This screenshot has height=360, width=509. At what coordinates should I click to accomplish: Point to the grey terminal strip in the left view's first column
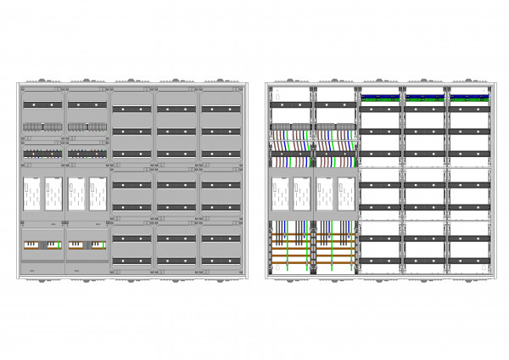pos(42,127)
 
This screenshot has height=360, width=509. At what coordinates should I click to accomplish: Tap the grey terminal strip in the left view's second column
pos(87,127)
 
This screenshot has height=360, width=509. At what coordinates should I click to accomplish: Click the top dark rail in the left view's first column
pos(42,104)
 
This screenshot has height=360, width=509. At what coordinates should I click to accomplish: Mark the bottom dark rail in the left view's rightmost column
pos(221,261)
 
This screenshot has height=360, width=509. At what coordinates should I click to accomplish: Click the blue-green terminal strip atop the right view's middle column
pos(381,97)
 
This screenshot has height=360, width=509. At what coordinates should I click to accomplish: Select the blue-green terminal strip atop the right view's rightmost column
pos(471,97)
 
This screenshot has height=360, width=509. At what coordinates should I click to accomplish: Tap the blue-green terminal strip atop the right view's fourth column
pos(426,97)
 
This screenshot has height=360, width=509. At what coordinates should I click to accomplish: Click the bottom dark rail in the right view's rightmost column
pos(471,261)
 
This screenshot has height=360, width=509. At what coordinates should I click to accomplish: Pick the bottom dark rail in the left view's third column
pos(131,261)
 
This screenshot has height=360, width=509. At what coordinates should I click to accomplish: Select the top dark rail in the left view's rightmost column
pos(221,109)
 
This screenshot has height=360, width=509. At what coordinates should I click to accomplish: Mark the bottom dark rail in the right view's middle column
pos(381,261)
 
